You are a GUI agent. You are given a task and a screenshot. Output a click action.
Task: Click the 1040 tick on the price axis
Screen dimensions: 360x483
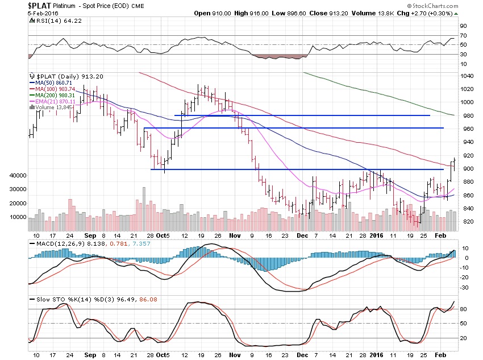click(467, 76)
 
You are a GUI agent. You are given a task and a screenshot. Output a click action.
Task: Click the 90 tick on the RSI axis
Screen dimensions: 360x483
click(463, 26)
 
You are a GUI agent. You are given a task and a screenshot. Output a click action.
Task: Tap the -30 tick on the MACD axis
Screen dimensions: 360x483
click(464, 287)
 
